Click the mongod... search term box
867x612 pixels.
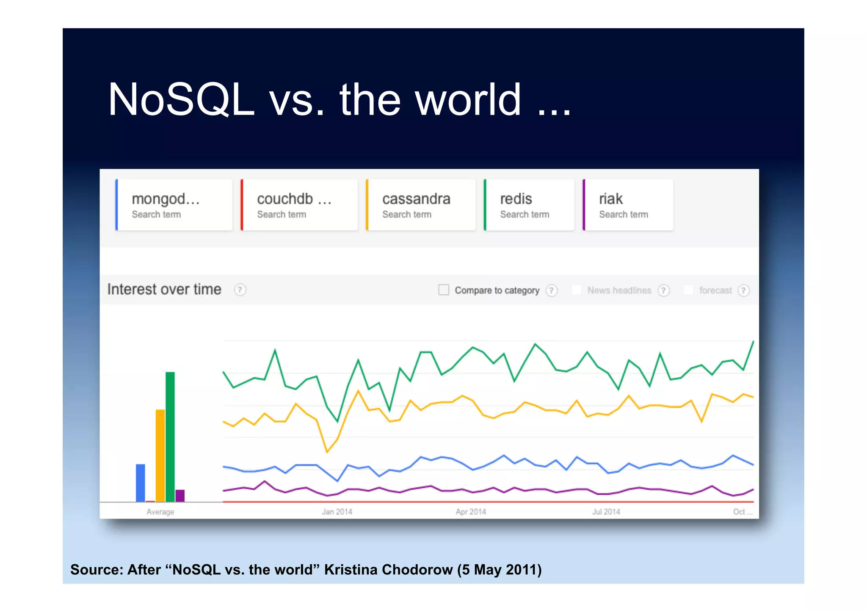[174, 205]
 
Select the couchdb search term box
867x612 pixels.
[299, 205]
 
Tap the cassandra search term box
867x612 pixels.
[420, 205]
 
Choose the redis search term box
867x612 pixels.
[529, 205]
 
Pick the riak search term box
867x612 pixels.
[628, 205]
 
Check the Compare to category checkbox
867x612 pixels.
[443, 290]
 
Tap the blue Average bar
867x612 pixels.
[140, 482]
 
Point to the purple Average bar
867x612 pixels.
[180, 495]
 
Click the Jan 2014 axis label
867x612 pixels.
[337, 512]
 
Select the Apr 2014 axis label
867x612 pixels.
[471, 512]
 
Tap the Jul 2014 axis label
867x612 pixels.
[606, 512]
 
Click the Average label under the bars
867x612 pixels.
[160, 512]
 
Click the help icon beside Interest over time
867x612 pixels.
[240, 290]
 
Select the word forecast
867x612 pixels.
[715, 290]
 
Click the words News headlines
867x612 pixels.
[619, 290]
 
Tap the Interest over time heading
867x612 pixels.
[164, 289]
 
